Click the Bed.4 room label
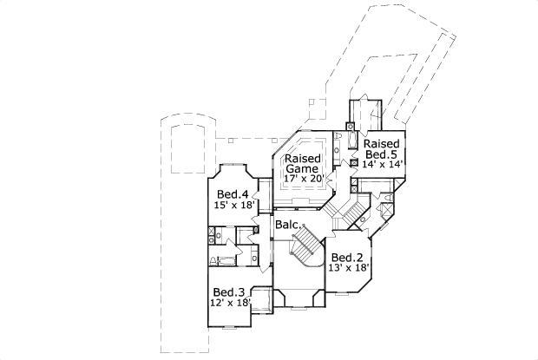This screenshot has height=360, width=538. click(x=233, y=193)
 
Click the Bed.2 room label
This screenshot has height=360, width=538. click(x=347, y=258)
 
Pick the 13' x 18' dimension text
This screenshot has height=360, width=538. click(x=349, y=269)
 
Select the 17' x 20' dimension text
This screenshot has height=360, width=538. click(x=303, y=179)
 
